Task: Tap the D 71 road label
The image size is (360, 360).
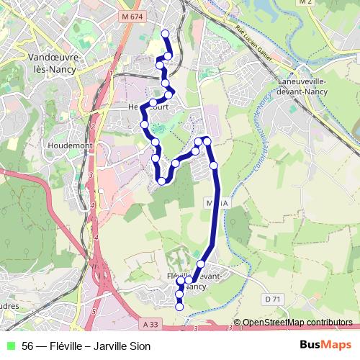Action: tap(271, 299)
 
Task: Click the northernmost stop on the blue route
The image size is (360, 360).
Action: tap(166, 33)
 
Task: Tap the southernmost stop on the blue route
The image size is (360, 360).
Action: tap(179, 307)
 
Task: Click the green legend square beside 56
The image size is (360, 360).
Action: tap(10, 346)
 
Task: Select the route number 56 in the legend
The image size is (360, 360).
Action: tap(28, 346)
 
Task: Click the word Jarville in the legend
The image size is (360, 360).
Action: tap(108, 346)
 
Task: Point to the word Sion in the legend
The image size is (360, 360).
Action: tap(140, 346)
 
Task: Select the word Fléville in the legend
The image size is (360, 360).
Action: tap(66, 346)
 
